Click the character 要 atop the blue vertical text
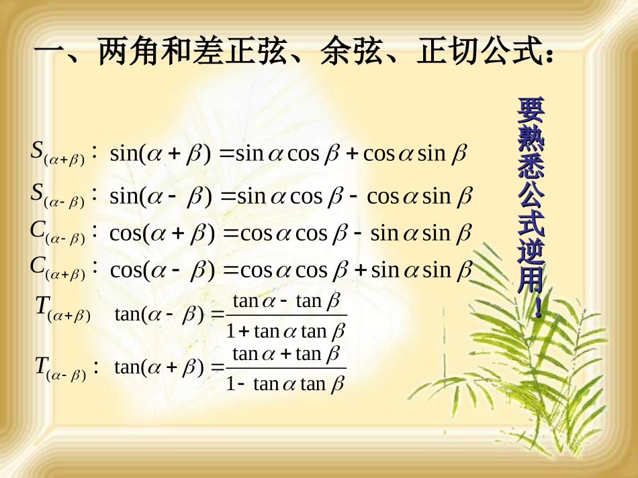click(531, 109)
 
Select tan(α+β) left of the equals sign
click(160, 367)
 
